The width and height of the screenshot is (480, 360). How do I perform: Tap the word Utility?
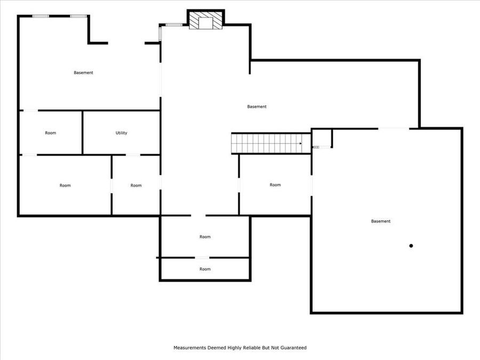[x=122, y=133]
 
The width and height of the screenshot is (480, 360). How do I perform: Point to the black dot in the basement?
[x=411, y=246]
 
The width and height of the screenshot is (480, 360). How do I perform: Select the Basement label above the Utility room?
[x=83, y=73]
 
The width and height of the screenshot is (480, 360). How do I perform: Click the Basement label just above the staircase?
[x=257, y=107]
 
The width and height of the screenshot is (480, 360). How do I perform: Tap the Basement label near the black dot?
[x=381, y=221]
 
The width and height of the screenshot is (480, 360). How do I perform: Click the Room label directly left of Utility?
[x=51, y=133]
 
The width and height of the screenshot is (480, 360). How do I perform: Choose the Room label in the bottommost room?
[x=205, y=269]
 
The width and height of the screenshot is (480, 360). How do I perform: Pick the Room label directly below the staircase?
[x=275, y=185]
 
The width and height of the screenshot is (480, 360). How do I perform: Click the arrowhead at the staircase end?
[x=301, y=143]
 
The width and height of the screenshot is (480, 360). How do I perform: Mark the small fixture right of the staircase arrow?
[x=316, y=147]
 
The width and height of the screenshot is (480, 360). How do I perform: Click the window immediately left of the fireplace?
[x=173, y=25]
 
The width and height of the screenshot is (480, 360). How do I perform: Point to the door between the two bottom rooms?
[x=202, y=258]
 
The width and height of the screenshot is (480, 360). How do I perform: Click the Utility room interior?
[x=122, y=144]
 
